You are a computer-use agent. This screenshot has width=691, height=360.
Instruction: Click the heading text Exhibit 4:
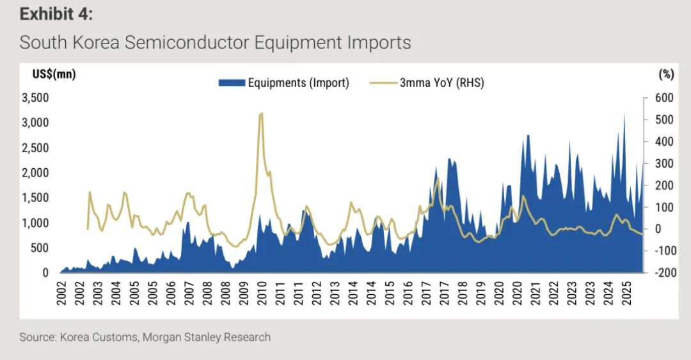coord(56,14)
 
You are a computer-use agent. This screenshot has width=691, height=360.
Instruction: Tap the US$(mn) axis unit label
coord(54,74)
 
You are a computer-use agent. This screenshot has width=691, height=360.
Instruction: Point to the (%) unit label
coord(665,74)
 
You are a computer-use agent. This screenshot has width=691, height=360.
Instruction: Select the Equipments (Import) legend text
coord(298,82)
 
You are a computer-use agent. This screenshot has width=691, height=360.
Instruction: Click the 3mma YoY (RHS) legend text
coord(441,82)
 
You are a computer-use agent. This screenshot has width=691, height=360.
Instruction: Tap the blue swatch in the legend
coord(231,82)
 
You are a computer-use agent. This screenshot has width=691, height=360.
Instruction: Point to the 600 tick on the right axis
coord(665,98)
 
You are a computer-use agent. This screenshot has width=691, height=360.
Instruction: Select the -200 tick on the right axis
coord(664,272)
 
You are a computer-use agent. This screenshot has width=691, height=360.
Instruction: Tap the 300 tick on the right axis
coord(665,164)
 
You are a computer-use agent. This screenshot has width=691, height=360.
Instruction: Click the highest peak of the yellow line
coord(261,114)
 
